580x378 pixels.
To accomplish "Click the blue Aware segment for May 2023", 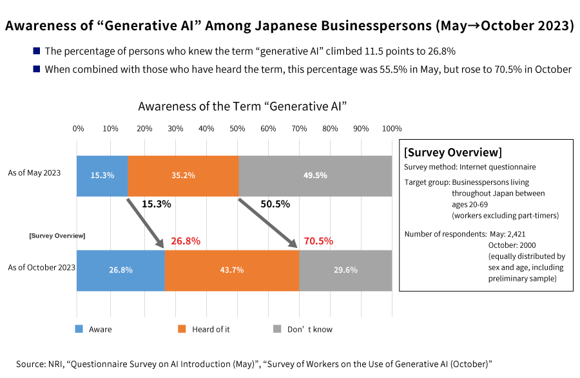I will pyautogui.click(x=102, y=175).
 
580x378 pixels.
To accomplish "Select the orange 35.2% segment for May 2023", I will pyautogui.click(x=183, y=175).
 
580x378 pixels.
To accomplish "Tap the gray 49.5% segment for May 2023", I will pyautogui.click(x=315, y=175).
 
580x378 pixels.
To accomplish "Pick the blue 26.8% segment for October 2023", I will pyautogui.click(x=121, y=270).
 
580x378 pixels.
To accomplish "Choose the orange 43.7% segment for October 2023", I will pyautogui.click(x=231, y=270).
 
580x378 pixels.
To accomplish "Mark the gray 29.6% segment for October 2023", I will pyautogui.click(x=345, y=270).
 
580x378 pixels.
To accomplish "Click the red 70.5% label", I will pyautogui.click(x=318, y=241).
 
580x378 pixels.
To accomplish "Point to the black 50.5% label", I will pyautogui.click(x=275, y=204).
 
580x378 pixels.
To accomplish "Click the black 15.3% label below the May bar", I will pyautogui.click(x=156, y=204).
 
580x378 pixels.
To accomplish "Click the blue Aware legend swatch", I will pyautogui.click(x=79, y=329).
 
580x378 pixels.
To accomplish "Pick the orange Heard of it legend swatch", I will pyautogui.click(x=181, y=329).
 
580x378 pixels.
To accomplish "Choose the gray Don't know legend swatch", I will pyautogui.click(x=277, y=329).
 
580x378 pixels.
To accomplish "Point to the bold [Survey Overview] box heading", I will pyautogui.click(x=452, y=153).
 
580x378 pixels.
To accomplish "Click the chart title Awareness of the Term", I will pyautogui.click(x=243, y=106).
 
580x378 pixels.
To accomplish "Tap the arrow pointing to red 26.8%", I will pyautogui.click(x=145, y=223).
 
